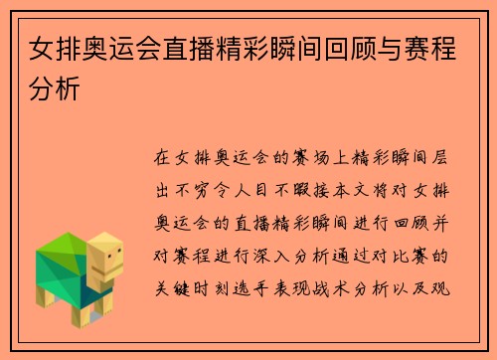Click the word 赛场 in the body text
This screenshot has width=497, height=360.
click(x=297, y=157)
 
